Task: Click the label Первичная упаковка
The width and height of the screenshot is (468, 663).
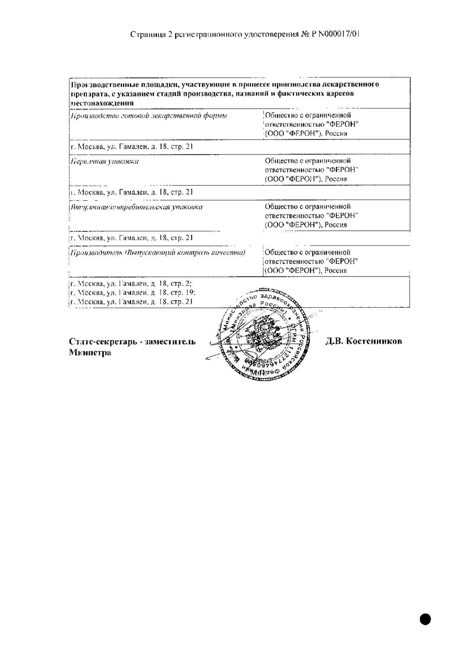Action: point(105,161)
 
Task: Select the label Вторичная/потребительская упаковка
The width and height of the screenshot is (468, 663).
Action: point(136,207)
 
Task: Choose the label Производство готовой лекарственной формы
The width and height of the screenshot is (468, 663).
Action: point(149,116)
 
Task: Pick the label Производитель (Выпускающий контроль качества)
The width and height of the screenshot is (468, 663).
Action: point(158,253)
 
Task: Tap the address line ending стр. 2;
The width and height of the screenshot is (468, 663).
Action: point(131,284)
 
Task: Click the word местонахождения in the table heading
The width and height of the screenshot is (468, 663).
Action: point(102,103)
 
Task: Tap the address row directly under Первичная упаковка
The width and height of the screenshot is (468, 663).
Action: point(132,192)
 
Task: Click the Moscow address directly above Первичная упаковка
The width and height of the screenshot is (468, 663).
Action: point(132,147)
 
